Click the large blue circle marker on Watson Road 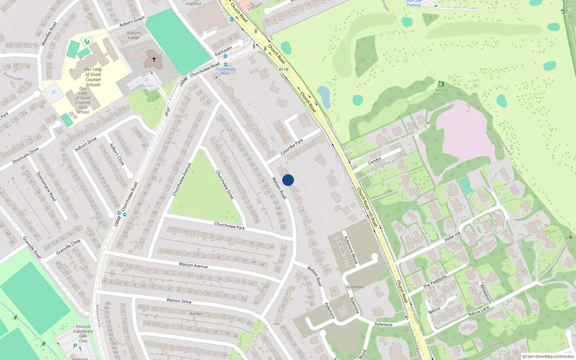pyautogui.click(x=288, y=180)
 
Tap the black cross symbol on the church pyautogui.click(x=154, y=59)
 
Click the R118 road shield pyautogui.click(x=283, y=69)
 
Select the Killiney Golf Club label pyautogui.click(x=441, y=92)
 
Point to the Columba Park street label pyautogui.click(x=292, y=147)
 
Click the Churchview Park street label pyautogui.click(x=229, y=226)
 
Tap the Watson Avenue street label pyautogui.click(x=193, y=265)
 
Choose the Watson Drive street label pyautogui.click(x=179, y=301)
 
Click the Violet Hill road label pyautogui.click(x=452, y=237)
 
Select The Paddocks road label pyautogui.click(x=435, y=282)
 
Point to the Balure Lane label pyautogui.click(x=479, y=311)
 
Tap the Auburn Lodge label pyautogui.click(x=134, y=35)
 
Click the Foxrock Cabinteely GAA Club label pyautogui.click(x=83, y=334)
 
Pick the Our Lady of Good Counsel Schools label pyautogui.click(x=93, y=77)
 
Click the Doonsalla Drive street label pyautogui.click(x=26, y=156)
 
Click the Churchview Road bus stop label pyautogui.click(x=226, y=71)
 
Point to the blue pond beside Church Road pyautogui.click(x=324, y=96)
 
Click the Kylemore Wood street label pyautogui.click(x=351, y=250)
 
